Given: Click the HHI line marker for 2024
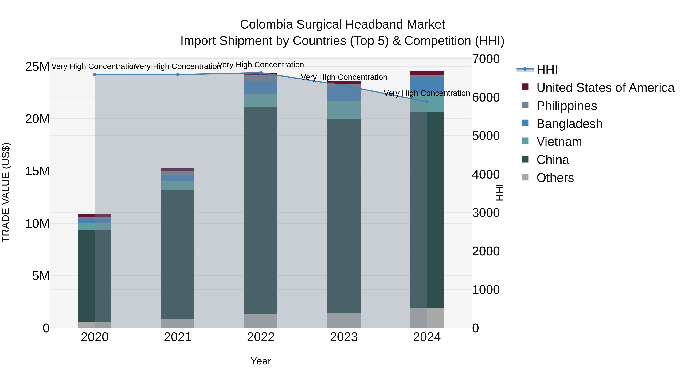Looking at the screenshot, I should pos(427,102).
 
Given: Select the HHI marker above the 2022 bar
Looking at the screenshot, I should pos(261,73).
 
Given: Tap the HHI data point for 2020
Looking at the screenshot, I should pos(95,75).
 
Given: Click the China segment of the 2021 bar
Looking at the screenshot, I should pos(178,254).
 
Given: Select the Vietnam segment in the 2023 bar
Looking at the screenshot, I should pos(344,110).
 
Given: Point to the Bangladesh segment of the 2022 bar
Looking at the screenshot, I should pos(261,87).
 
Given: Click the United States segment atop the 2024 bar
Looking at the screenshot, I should pos(427,73).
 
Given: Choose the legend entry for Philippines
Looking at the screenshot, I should pos(566,106).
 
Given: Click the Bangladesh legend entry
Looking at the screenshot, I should pos(569,124).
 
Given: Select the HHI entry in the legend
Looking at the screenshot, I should pos(547,70).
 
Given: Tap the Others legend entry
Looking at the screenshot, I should pos(555,178).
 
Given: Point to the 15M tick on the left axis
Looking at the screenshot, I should pos(37,171).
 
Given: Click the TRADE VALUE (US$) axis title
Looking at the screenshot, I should pos(6,192).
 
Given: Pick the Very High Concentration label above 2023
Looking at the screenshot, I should pos(344,77).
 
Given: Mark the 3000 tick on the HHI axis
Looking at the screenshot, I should pos(486,213).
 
